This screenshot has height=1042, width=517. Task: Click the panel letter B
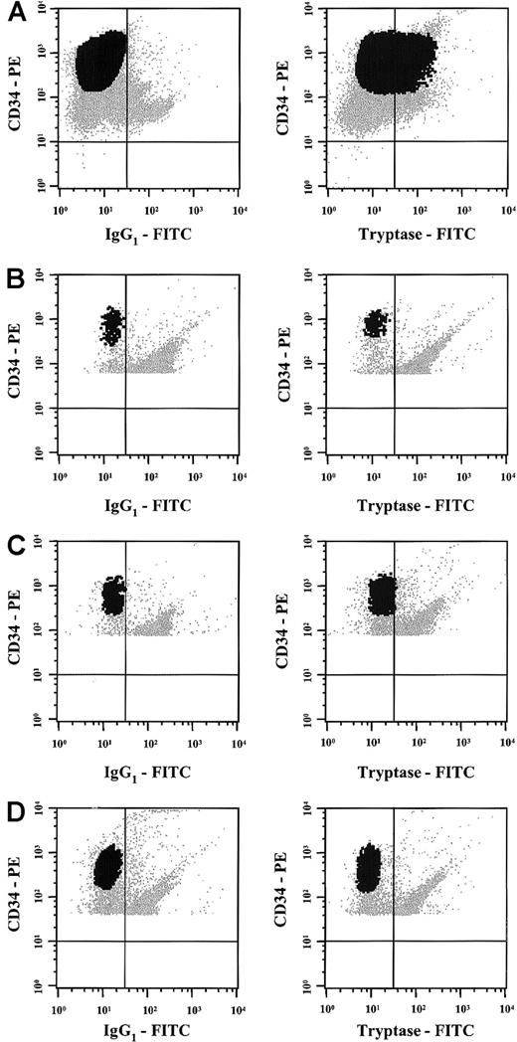click(x=14, y=281)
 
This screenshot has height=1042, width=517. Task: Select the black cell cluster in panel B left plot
click(x=111, y=326)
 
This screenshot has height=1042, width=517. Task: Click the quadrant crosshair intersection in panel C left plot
click(x=125, y=675)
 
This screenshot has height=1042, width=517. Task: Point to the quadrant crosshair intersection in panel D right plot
click(x=395, y=941)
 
